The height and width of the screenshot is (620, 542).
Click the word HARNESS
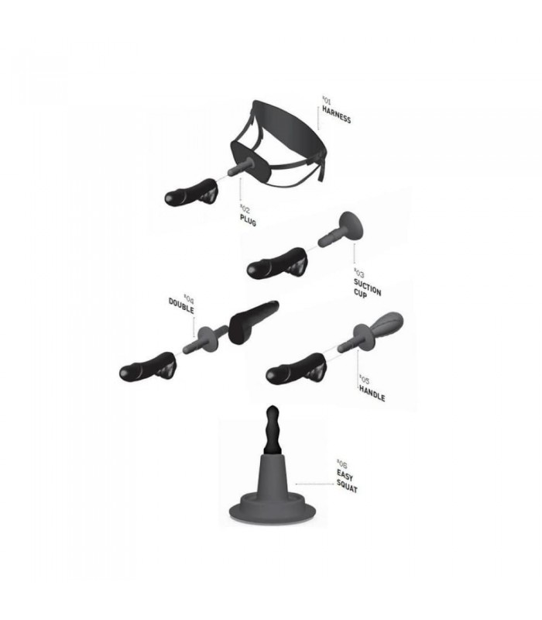click(x=336, y=114)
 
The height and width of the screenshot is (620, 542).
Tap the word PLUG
click(x=248, y=220)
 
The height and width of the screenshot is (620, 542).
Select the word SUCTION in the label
click(x=367, y=287)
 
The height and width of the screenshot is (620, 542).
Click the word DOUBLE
click(x=181, y=306)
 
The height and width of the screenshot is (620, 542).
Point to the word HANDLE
click(x=372, y=393)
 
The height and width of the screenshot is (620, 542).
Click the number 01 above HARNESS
click(x=327, y=100)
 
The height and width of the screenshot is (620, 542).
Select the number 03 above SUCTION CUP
click(x=358, y=273)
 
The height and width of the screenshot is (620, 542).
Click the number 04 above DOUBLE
click(x=189, y=298)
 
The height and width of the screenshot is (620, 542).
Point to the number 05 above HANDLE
click(x=364, y=379)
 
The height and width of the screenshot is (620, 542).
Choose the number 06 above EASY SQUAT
click(x=341, y=463)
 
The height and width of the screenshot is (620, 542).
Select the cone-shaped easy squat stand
click(x=273, y=490)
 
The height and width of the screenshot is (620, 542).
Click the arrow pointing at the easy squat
click(x=314, y=484)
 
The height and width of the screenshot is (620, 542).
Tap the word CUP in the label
click(x=360, y=294)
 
